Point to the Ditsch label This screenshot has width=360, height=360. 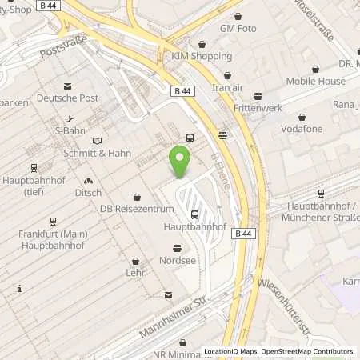coord(87,193)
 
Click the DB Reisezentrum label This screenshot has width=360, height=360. coord(138,209)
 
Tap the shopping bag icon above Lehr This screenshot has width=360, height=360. coord(135,260)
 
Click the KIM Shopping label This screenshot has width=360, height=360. coord(202,56)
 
